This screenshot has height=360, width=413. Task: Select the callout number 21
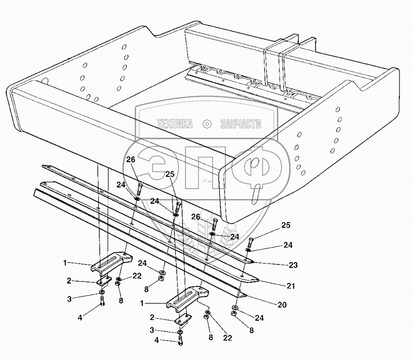click(291, 286)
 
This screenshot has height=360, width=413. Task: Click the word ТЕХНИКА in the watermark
click(175, 124)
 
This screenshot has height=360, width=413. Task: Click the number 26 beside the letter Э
click(130, 160)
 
